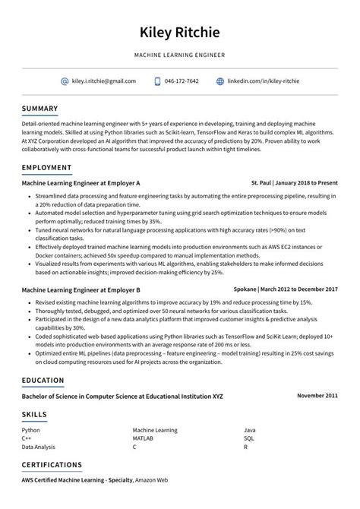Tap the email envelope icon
pos(65,81)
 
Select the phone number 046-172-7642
pos(182,81)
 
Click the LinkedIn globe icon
pos(220,81)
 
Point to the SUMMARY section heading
pos(39,109)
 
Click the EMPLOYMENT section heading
pos(47,167)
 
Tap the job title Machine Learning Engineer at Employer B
pos(81,290)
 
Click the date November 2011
pos(317,396)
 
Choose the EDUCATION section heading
pos(43,380)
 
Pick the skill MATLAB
pos(144,438)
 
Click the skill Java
pos(250,430)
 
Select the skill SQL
pos(249,438)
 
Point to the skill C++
pos(27,438)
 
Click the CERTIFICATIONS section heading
pos(52,464)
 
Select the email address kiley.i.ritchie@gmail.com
pos(104,81)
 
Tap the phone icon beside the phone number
pos(157,81)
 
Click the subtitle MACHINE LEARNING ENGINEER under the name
pos(180,55)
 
